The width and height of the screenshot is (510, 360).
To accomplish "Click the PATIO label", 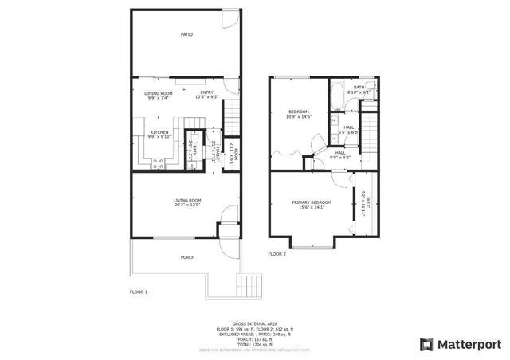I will click(186, 34).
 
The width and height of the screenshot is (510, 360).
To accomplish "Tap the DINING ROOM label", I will click(159, 93).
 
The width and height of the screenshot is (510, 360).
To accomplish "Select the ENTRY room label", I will click(206, 93).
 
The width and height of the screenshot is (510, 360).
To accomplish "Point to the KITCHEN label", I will click(159, 132).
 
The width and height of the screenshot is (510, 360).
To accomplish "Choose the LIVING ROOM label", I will click(187, 200).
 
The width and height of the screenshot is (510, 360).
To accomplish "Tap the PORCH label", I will click(187, 257).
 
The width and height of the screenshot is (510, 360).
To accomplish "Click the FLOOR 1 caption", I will click(139, 292).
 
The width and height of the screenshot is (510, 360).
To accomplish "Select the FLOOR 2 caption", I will click(277, 253).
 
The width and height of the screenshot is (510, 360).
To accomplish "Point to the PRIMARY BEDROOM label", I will click(311, 202).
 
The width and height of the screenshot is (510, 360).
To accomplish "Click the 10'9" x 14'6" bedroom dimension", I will click(299, 116).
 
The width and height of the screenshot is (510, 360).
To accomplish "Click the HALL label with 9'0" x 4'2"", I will click(339, 152).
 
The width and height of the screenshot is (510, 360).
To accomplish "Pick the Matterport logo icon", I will click(426, 344).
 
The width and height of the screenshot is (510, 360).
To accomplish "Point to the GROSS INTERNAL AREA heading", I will click(254, 323).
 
